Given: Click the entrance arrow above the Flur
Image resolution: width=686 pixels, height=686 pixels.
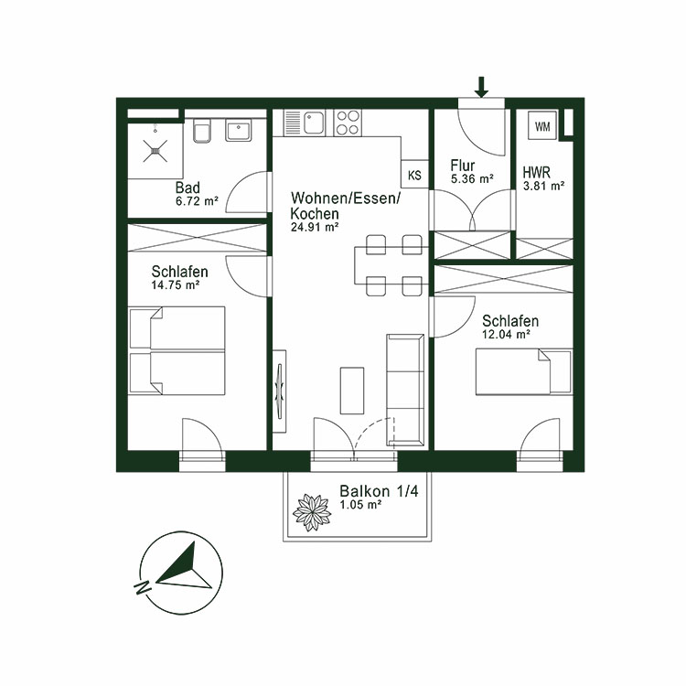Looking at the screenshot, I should click(482, 87).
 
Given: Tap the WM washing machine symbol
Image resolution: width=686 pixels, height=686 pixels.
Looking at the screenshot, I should click(542, 125).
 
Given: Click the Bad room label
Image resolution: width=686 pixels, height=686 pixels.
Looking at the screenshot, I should click(188, 188).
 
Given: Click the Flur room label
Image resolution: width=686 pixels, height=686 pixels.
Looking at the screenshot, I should click(462, 166).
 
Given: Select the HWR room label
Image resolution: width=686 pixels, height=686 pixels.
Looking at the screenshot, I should click(536, 172).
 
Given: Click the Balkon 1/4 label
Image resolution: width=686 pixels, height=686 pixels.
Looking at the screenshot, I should click(366, 491).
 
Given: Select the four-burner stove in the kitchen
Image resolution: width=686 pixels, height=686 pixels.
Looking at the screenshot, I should click(347, 123).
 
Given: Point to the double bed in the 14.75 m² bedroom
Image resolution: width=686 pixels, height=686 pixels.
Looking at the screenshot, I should click(177, 350).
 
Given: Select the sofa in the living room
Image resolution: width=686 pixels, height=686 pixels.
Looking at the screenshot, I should click(403, 389).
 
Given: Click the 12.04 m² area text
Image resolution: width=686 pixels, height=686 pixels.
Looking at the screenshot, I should click(507, 336).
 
